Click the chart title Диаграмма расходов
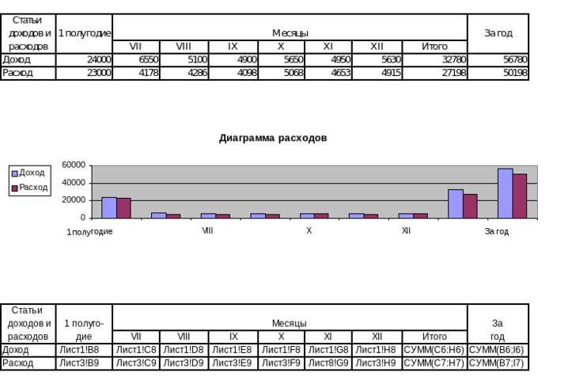click(x=273, y=138)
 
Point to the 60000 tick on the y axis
click(x=74, y=165)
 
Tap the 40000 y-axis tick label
click(x=74, y=183)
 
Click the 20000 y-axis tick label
click(x=74, y=200)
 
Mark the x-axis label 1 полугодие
click(x=89, y=231)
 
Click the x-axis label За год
click(x=497, y=231)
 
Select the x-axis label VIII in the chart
click(x=207, y=231)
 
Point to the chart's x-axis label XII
click(x=406, y=231)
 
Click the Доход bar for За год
click(x=505, y=193)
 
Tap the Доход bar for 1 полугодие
click(x=109, y=207)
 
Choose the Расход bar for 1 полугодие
click(x=123, y=208)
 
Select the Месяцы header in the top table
click(x=290, y=33)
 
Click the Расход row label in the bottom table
click(x=17, y=363)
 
